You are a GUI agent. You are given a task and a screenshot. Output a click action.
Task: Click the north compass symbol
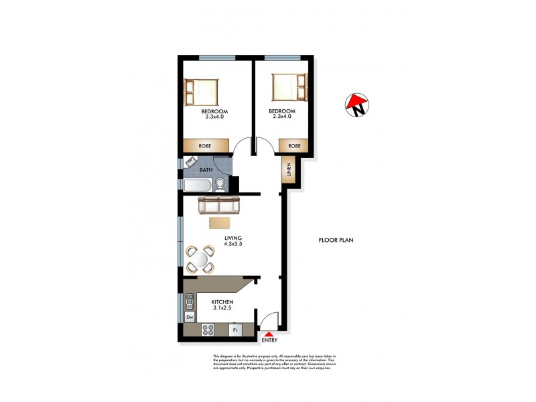358,104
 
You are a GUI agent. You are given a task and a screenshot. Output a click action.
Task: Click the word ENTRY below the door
269,340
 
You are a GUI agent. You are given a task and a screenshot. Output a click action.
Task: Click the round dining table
200,259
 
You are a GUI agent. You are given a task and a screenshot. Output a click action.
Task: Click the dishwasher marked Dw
190,317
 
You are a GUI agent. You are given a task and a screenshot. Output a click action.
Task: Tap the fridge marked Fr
236,330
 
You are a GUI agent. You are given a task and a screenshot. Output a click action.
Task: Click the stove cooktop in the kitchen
208,330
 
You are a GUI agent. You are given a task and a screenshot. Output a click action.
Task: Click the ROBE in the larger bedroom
205,145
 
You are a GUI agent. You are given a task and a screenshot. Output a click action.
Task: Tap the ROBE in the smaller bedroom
294,145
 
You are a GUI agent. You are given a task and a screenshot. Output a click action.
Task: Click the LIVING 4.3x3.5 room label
233,241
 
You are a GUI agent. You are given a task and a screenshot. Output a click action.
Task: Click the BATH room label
206,170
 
